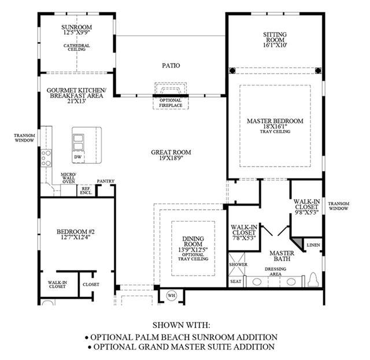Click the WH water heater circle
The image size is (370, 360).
coord(172,295)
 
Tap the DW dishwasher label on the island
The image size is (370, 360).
coord(77,157)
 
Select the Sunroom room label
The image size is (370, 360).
coord(77,27)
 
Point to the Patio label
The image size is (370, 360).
coord(171,65)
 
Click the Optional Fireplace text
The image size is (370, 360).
coord(171,103)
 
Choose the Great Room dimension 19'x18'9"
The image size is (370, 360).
coord(171,158)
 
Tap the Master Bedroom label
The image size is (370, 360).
coord(275,121)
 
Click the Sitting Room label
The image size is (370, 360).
coord(275,37)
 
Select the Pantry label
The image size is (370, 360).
coord(106,181)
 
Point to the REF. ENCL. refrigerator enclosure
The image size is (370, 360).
coord(86,191)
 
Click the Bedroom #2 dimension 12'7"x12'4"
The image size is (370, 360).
coord(76,237)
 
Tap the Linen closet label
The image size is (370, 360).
coord(313,245)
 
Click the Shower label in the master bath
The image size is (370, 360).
coord(238,265)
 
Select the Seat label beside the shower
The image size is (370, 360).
coord(235,281)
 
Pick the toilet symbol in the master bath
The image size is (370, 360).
coord(313,280)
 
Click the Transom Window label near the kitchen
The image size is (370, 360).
coord(24,138)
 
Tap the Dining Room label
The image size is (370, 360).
coord(193,242)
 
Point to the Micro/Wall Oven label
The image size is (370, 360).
coord(69,178)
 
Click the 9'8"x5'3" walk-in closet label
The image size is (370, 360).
coord(307,212)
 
